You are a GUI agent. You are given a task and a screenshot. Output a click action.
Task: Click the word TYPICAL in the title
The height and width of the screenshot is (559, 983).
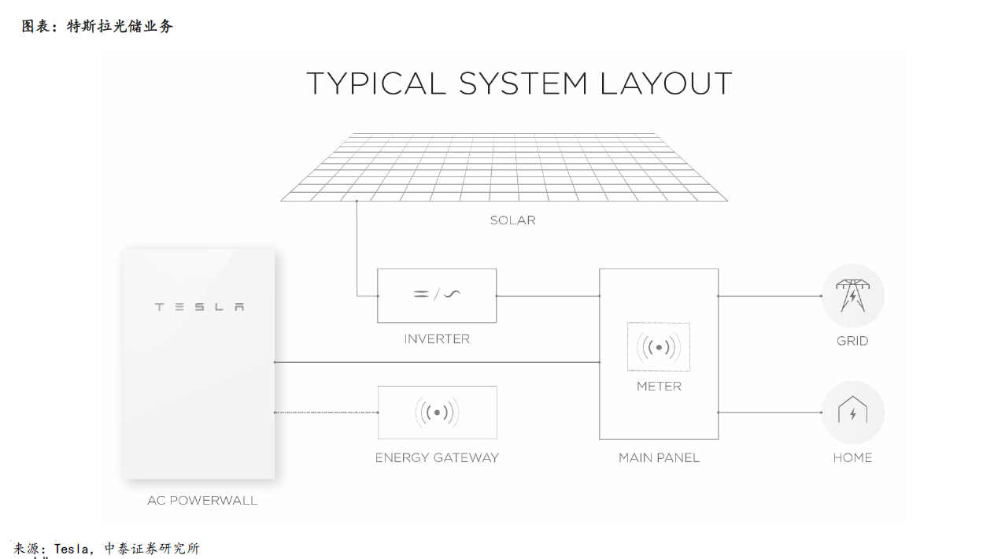click(x=376, y=83)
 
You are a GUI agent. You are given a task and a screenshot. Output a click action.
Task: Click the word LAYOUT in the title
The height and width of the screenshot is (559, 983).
click(x=666, y=83)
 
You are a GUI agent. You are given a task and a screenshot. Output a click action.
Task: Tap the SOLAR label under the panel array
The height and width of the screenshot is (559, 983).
click(x=512, y=220)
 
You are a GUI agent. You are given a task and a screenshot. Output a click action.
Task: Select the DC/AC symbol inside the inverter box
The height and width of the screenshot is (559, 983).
click(x=437, y=294)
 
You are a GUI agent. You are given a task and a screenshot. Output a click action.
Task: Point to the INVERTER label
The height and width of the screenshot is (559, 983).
click(x=437, y=339)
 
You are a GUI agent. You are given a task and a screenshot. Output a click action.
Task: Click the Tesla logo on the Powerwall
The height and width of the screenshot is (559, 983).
click(x=200, y=306)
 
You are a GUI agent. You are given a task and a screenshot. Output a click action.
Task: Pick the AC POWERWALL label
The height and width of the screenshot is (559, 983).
click(x=202, y=501)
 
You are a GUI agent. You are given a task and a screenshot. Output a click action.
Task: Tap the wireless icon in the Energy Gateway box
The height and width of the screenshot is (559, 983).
click(x=437, y=413)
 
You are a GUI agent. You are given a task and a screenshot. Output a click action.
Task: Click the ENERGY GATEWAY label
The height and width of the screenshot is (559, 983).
click(x=437, y=458)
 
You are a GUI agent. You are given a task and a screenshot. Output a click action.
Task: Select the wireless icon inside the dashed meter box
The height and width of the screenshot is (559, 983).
click(x=659, y=348)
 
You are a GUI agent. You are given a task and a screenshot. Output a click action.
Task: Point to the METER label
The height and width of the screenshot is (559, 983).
click(x=659, y=387)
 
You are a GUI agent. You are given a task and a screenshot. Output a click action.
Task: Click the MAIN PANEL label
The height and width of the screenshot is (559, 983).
click(x=659, y=458)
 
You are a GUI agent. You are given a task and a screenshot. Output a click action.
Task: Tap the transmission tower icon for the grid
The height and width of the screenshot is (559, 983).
click(x=852, y=295)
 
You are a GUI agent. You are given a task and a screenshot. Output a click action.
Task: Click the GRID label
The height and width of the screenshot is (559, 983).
click(x=852, y=341)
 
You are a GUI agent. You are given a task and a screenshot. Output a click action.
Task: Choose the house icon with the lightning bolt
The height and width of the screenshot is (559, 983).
click(x=852, y=409)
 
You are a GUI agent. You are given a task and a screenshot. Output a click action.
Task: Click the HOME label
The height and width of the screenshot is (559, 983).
click(x=852, y=458)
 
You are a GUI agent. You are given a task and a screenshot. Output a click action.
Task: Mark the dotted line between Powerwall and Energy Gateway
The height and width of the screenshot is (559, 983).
click(x=326, y=413)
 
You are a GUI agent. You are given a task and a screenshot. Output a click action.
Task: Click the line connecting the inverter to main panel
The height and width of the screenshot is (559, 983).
click(x=548, y=296)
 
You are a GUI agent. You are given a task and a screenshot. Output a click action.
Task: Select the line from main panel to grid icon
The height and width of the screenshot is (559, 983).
click(x=770, y=296)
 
